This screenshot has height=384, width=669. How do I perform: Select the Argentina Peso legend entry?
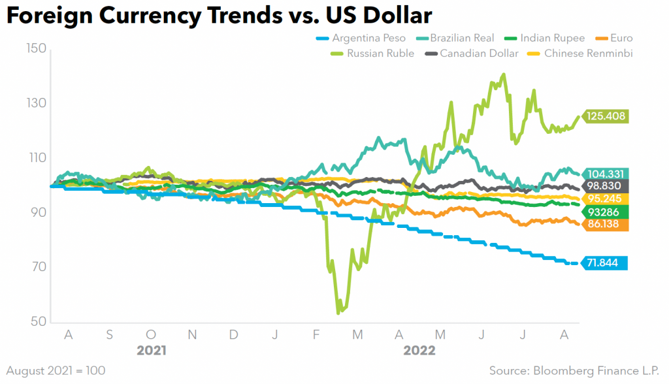tap(360, 38)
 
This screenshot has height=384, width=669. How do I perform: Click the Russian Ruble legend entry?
tap(373, 53)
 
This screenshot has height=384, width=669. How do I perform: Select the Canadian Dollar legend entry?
tap(472, 53)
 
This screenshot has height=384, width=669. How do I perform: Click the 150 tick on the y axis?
tap(35, 48)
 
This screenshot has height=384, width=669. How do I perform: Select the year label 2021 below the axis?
tap(151, 351)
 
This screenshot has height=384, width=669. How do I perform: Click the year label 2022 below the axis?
tap(419, 351)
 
